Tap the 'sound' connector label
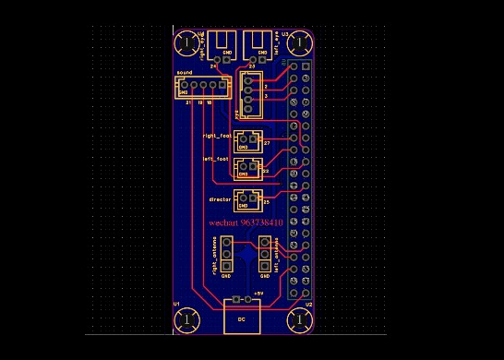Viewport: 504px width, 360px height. click(x=184, y=71)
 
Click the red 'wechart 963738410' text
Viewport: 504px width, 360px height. click(x=246, y=223)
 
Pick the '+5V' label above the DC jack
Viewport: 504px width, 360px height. click(x=258, y=293)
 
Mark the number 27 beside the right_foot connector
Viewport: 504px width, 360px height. click(x=266, y=143)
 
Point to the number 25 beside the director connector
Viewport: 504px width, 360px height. click(x=266, y=201)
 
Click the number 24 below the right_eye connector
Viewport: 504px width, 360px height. click(x=213, y=67)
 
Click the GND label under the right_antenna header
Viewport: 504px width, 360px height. click(x=225, y=276)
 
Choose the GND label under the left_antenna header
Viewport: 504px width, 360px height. click(x=265, y=276)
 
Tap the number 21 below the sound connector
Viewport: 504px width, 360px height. click(x=188, y=102)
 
